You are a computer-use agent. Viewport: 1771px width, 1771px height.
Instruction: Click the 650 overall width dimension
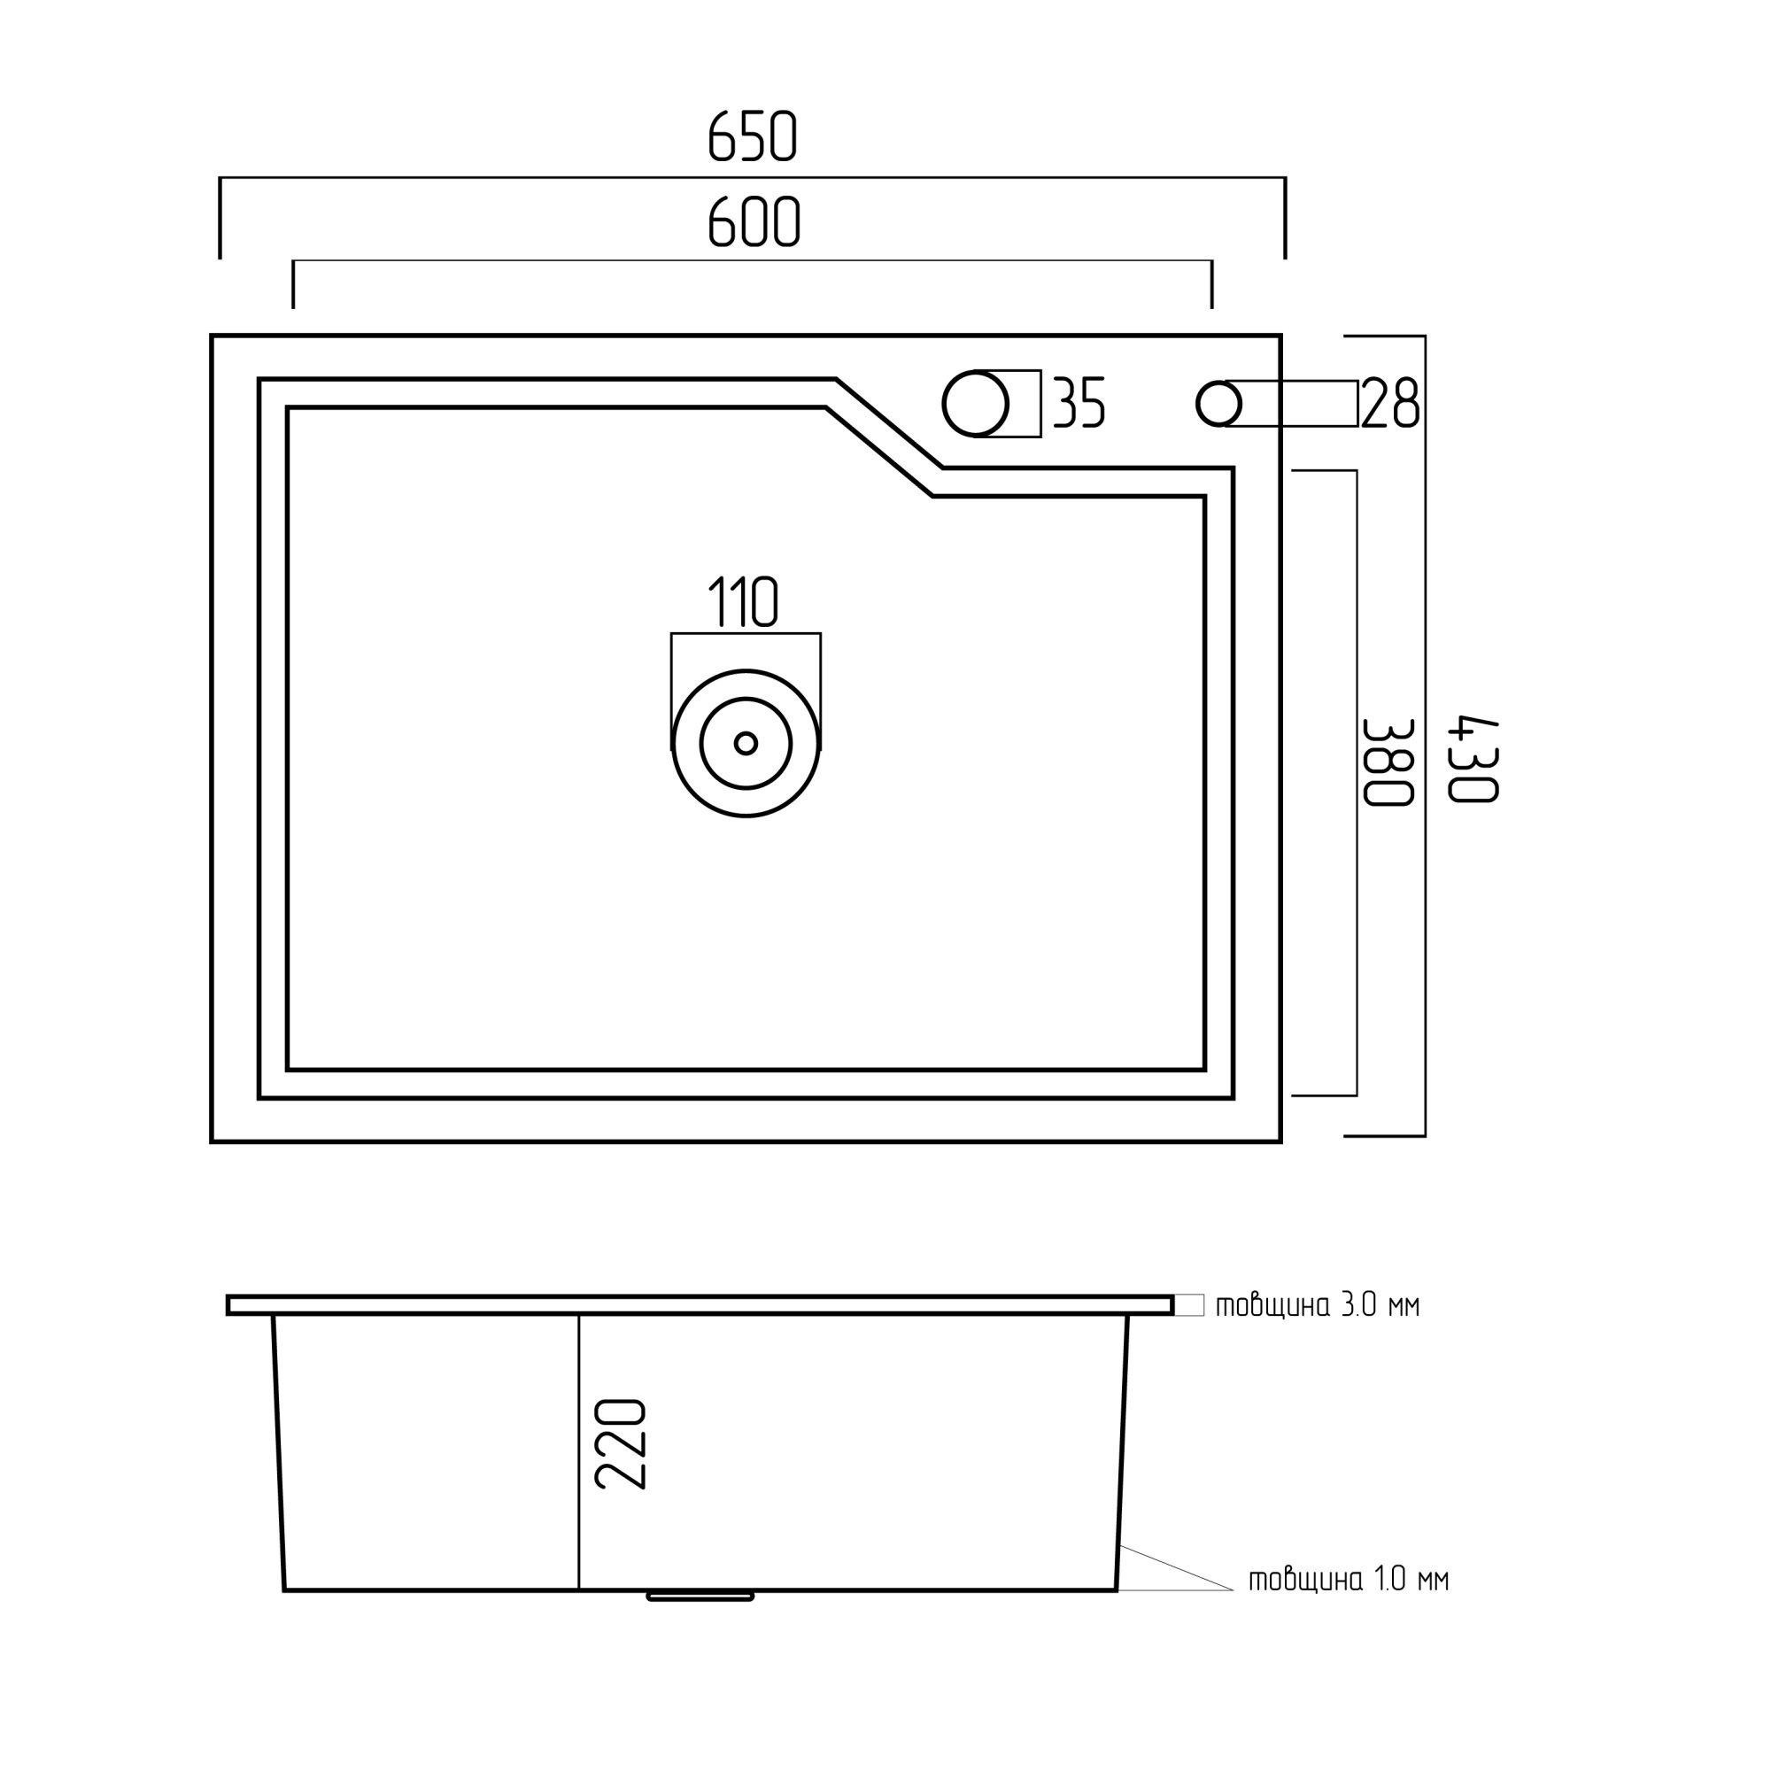[x=753, y=137]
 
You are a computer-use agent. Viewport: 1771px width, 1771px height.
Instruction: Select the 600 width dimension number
[x=754, y=222]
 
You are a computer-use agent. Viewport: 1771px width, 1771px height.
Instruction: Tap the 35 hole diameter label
[x=1079, y=402]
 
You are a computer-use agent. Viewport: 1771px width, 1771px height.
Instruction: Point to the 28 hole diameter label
[x=1390, y=402]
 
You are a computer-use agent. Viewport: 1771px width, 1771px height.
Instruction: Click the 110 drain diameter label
[x=744, y=602]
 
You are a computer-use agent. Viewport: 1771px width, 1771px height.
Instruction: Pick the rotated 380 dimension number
[x=1388, y=762]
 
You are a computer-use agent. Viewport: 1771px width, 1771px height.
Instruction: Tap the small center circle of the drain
[x=746, y=744]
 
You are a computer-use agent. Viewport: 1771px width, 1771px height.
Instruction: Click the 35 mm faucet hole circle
[x=976, y=403]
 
